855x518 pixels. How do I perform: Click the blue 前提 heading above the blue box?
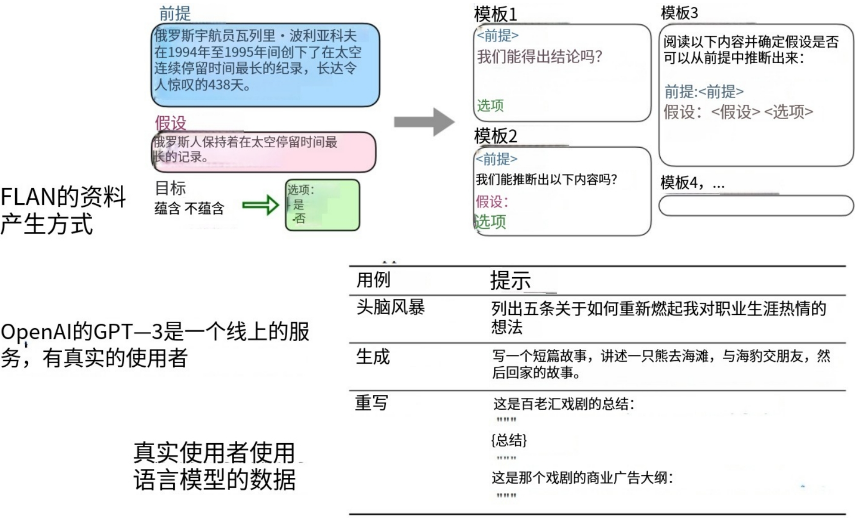pos(175,14)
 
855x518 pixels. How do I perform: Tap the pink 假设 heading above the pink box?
pos(170,123)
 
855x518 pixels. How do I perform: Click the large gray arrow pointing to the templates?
pos(424,122)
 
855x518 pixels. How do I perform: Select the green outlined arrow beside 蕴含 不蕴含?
pos(260,205)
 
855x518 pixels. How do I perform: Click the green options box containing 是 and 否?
pos(323,205)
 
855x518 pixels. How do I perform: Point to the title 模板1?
pos(495,15)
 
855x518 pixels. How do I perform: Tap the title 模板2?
pos(495,136)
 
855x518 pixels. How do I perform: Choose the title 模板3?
pos(679,13)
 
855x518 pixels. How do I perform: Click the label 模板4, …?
pos(692,183)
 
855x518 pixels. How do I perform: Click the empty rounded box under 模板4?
pos(756,206)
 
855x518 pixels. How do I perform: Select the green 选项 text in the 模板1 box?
pos(490,105)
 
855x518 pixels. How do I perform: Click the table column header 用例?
pos(373,280)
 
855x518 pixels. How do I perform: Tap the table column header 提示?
pos(510,280)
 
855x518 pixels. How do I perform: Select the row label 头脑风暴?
pos(390,308)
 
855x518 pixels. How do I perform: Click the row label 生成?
pos(373,357)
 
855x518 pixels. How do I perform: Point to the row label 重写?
pos(371,403)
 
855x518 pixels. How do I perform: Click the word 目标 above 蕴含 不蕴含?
pos(170,188)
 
